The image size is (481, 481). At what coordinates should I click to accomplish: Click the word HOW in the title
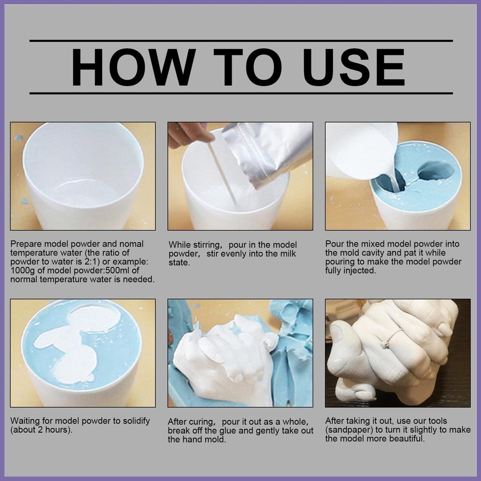(133, 67)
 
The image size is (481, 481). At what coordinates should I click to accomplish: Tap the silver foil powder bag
(267, 154)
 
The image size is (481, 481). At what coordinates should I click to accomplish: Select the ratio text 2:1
(92, 262)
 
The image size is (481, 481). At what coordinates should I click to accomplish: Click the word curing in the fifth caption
(200, 422)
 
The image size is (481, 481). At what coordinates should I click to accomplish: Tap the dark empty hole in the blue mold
(436, 170)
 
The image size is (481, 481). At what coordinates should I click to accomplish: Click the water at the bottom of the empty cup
(86, 192)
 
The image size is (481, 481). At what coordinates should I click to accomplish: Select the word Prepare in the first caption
(26, 244)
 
